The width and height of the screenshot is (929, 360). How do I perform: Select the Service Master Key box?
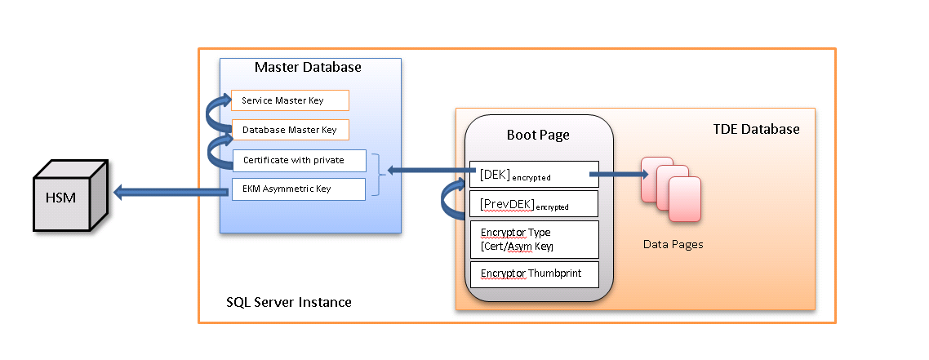tap(290, 100)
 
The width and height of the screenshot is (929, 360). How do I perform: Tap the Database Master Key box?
tap(290, 130)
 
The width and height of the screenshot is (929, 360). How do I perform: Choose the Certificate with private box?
tap(299, 161)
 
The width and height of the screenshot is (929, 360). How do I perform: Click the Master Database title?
tap(308, 67)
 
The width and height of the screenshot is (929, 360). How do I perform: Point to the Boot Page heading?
tap(538, 135)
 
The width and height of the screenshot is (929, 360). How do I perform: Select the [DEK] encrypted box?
tap(534, 174)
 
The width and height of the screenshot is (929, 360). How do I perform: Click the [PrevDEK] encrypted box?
tap(534, 203)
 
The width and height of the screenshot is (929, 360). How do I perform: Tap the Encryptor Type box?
tap(534, 239)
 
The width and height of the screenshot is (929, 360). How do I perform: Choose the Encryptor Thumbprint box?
tap(534, 274)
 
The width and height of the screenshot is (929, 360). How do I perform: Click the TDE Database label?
tap(755, 130)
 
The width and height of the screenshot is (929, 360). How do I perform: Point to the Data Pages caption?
tap(673, 244)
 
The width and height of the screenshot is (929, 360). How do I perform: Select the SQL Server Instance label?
tap(289, 302)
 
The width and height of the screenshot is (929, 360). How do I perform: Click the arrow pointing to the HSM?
tap(171, 193)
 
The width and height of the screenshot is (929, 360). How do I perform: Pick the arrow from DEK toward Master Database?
tap(429, 171)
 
